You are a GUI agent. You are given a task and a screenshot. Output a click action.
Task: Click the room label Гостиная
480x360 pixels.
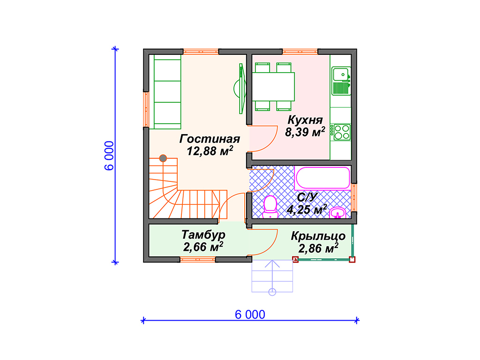[x=210, y=139]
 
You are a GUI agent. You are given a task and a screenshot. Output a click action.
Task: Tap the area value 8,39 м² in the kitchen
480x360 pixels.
[x=305, y=132]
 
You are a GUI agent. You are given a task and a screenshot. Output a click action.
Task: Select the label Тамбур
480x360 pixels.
[x=203, y=235]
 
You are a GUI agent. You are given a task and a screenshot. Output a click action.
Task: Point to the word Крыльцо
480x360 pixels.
[x=318, y=236]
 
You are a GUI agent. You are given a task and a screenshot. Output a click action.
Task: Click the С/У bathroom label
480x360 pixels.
[x=307, y=197]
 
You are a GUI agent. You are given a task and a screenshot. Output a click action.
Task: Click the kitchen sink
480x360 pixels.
[x=341, y=81]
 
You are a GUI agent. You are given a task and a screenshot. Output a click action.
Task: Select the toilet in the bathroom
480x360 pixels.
[x=270, y=207]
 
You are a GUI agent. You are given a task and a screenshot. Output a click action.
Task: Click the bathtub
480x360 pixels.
[x=322, y=178]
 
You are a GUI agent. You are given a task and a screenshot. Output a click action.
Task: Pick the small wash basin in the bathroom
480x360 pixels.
[x=337, y=212]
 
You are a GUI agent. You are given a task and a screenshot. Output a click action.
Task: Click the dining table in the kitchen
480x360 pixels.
[x=273, y=87]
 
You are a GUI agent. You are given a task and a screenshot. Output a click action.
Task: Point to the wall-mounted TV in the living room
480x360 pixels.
[x=240, y=89]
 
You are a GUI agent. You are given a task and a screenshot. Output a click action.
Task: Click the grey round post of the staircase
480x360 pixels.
[x=163, y=158]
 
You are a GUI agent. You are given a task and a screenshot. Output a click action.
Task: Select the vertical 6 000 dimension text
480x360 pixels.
[x=109, y=156]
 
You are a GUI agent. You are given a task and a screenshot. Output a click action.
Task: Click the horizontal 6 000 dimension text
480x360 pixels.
[x=250, y=315]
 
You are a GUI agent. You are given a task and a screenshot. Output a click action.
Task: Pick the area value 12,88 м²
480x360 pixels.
[x=210, y=151]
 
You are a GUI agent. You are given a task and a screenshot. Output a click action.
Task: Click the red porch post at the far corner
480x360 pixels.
[x=352, y=260]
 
